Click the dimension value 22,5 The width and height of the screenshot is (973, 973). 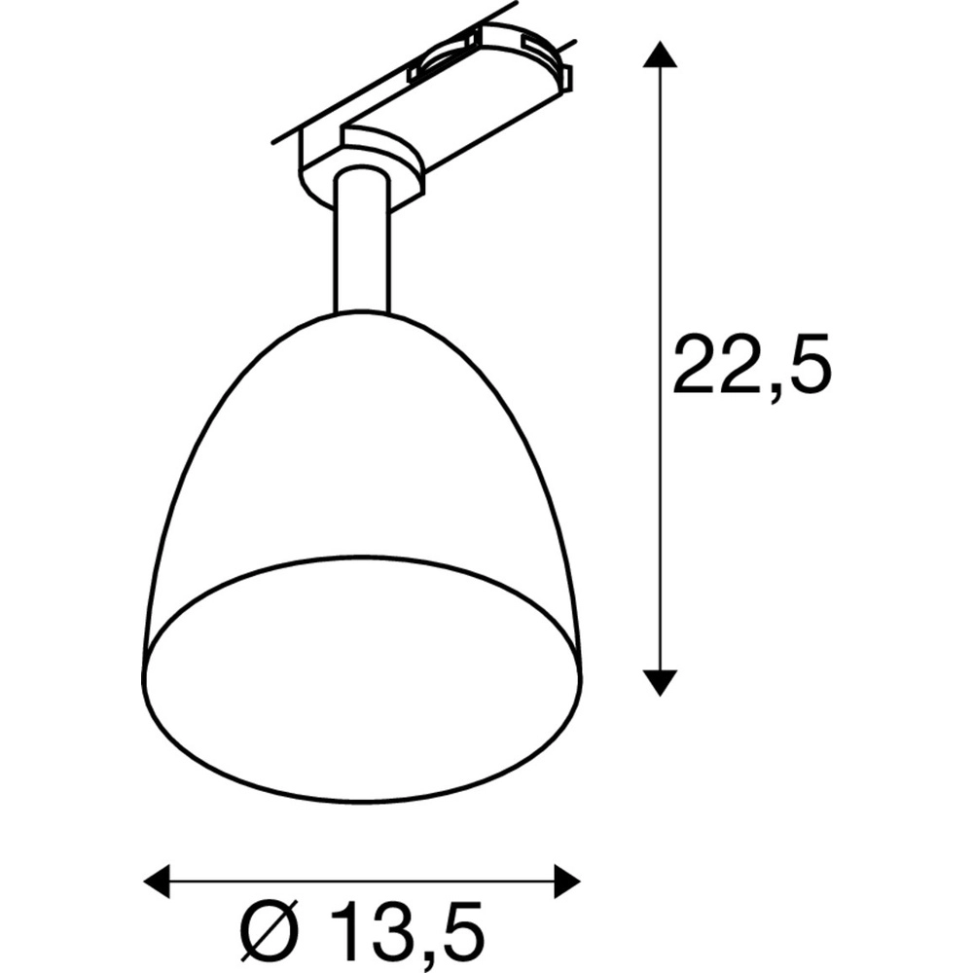(x=751, y=364)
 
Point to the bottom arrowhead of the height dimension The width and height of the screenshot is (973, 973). (x=661, y=682)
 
